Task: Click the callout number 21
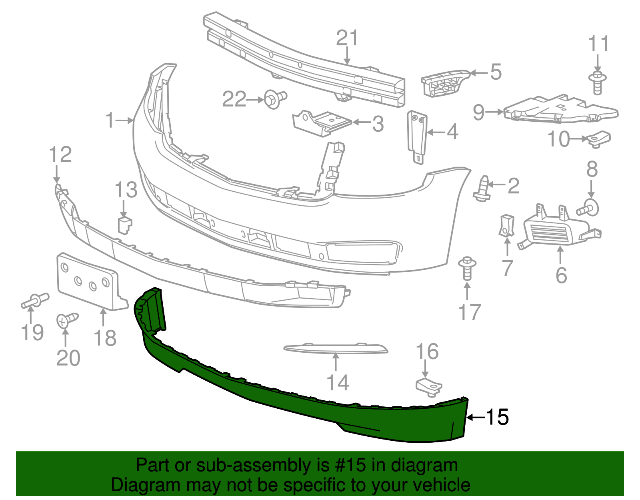point(347,38)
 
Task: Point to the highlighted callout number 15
point(497,417)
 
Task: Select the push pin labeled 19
point(35,301)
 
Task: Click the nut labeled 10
point(599,139)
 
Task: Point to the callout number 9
point(478,112)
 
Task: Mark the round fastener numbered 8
point(588,207)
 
